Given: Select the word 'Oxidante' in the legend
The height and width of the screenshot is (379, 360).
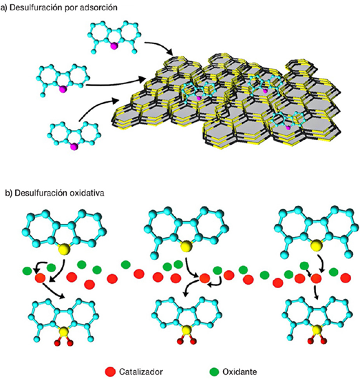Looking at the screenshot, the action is (240, 371).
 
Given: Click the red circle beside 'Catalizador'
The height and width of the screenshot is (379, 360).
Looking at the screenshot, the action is (111, 371).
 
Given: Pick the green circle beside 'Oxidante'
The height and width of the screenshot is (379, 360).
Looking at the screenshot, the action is (215, 371).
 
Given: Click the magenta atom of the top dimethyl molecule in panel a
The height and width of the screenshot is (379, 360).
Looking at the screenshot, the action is (114, 46).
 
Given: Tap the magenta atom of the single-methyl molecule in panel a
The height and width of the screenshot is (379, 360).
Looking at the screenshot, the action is (63, 90).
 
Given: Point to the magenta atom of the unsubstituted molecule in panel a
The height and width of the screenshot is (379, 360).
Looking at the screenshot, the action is (74, 147).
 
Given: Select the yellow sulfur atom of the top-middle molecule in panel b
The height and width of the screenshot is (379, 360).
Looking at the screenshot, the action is (185, 247).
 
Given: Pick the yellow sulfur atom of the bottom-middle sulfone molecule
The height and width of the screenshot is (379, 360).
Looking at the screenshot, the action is (186, 329).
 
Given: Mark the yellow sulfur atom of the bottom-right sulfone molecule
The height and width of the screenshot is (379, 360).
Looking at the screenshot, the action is (317, 330).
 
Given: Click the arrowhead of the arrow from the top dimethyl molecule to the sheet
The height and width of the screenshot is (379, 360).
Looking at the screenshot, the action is (170, 52).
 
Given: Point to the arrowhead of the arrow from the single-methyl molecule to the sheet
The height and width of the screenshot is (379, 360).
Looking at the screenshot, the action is (142, 79).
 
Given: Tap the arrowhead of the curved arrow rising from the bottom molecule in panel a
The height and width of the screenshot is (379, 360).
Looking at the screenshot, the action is (116, 101).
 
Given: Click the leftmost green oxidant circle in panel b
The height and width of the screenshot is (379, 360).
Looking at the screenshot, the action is (28, 271).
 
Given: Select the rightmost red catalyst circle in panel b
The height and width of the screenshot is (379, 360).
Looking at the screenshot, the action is (346, 278).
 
